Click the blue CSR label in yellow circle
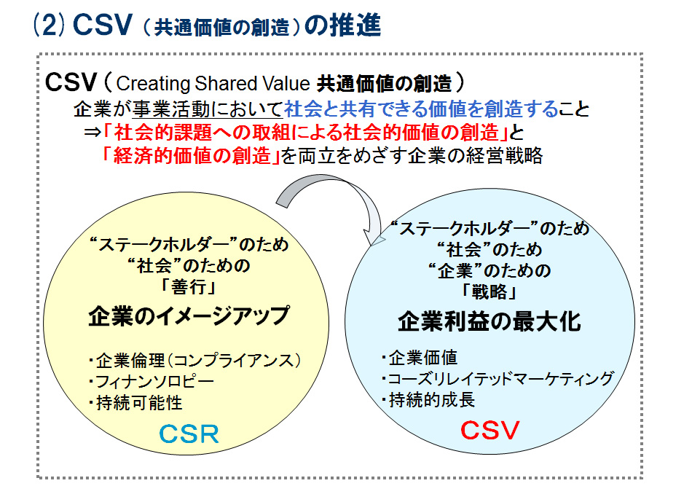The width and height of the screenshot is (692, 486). [x=188, y=434]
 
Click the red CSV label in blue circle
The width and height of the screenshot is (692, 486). [x=489, y=430]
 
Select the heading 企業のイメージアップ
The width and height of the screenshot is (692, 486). [x=189, y=316]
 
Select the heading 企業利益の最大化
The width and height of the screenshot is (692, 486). [x=489, y=321]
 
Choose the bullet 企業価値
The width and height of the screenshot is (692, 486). [x=419, y=358]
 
